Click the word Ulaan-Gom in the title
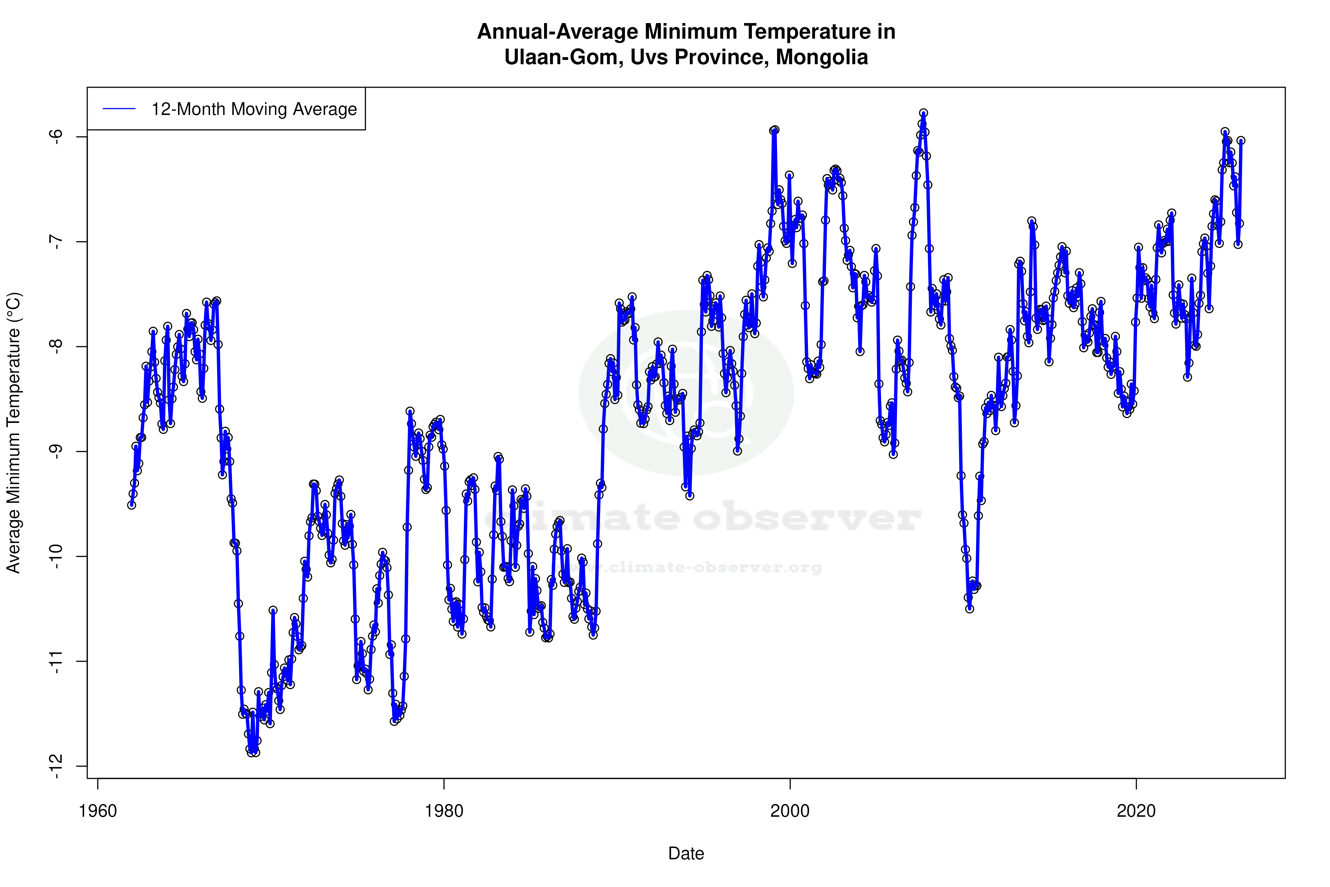click(x=563, y=57)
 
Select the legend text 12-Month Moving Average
click(x=254, y=109)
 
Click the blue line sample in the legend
click(x=119, y=109)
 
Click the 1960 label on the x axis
click(x=98, y=811)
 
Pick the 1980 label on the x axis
click(x=444, y=811)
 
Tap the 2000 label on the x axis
click(x=790, y=811)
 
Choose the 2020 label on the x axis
click(x=1136, y=811)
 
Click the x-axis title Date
click(x=686, y=854)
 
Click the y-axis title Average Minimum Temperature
click(x=13, y=433)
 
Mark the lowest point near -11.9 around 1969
click(x=252, y=753)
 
